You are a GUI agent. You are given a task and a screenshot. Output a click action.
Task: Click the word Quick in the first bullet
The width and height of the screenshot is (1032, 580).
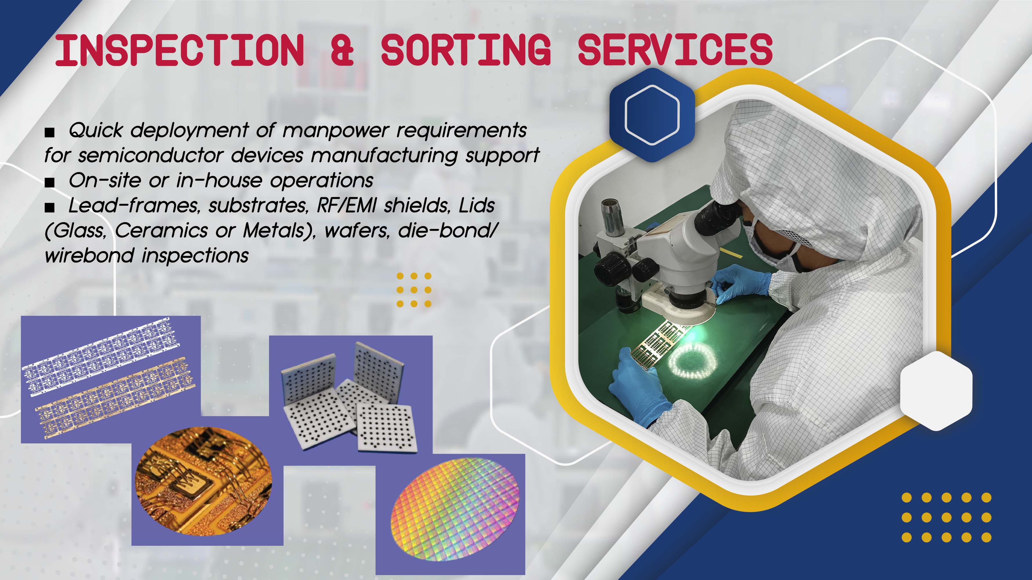point(96,130)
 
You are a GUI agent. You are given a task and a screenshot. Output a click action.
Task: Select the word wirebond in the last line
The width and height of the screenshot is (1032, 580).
point(89,255)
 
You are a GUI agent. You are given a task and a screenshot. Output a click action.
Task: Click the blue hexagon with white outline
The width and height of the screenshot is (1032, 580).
point(652,115)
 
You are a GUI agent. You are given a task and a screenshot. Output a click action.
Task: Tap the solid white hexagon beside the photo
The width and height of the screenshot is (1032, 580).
point(936,391)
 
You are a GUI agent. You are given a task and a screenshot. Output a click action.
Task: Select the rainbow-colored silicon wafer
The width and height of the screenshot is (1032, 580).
point(455,509)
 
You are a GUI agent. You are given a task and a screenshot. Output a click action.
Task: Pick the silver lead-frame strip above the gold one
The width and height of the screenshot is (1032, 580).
point(102,356)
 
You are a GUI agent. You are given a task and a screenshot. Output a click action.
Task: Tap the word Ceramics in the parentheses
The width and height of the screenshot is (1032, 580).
point(161,231)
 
